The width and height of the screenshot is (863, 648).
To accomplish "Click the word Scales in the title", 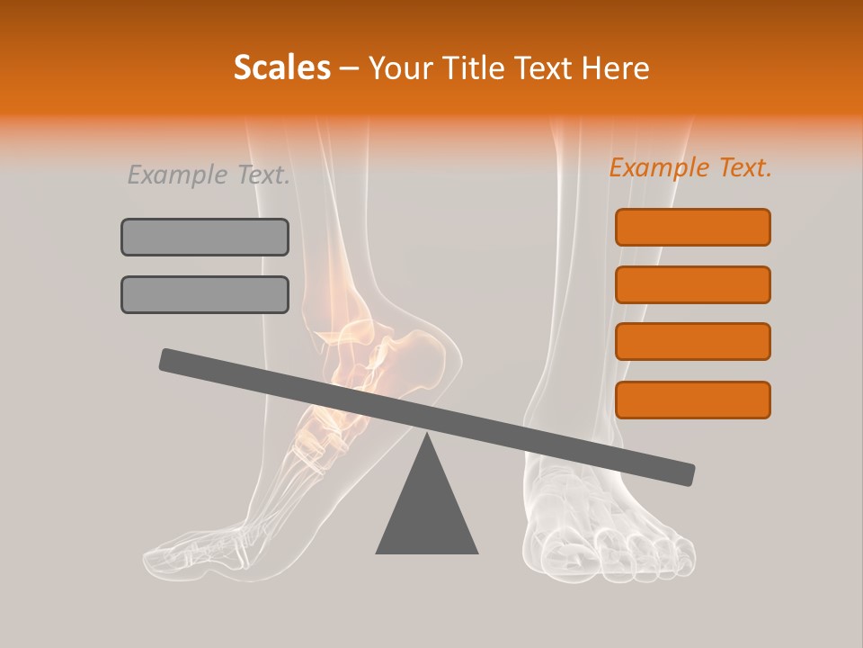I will tap(281, 67).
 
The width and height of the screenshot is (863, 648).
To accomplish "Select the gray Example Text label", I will tap(209, 175).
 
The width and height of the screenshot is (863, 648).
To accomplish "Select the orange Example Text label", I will tap(690, 167).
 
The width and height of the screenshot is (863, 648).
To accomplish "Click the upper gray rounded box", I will tap(205, 237).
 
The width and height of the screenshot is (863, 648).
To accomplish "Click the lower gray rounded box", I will tap(205, 294).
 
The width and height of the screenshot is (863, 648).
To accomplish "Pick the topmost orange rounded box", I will tap(692, 227).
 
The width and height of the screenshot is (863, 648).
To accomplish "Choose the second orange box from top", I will tap(692, 284).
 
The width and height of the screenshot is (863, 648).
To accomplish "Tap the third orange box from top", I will tap(692, 341).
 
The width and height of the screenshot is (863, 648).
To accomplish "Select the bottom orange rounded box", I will tap(692, 400).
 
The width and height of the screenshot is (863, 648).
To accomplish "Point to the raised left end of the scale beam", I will tap(171, 359).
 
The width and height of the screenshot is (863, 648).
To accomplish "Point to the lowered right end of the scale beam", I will tap(683, 473).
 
